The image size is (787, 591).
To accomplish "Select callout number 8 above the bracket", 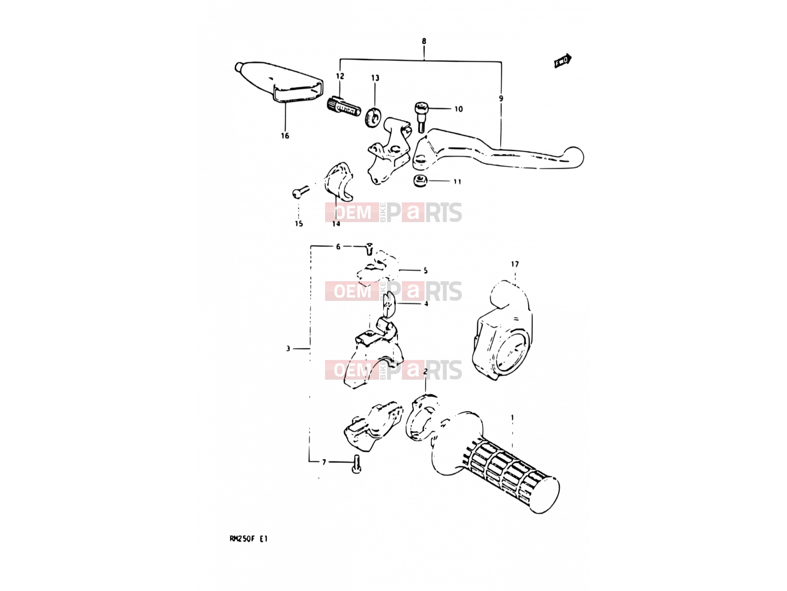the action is pos(424,41).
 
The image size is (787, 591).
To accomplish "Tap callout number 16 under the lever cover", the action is pos(285,135).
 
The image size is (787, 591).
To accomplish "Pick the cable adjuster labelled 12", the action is pos(343,107).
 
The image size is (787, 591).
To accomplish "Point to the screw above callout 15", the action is pos(300,192).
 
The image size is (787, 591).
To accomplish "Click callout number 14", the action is pos(336,224).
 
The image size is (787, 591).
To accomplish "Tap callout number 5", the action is pos(425,270).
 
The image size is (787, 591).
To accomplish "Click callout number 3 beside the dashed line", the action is pos(288,348).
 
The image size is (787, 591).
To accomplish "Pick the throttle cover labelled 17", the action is pos(502,330).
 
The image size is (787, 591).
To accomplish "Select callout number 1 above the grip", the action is pos(513,417).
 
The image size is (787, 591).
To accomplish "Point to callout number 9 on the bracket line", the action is pos(501,98).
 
